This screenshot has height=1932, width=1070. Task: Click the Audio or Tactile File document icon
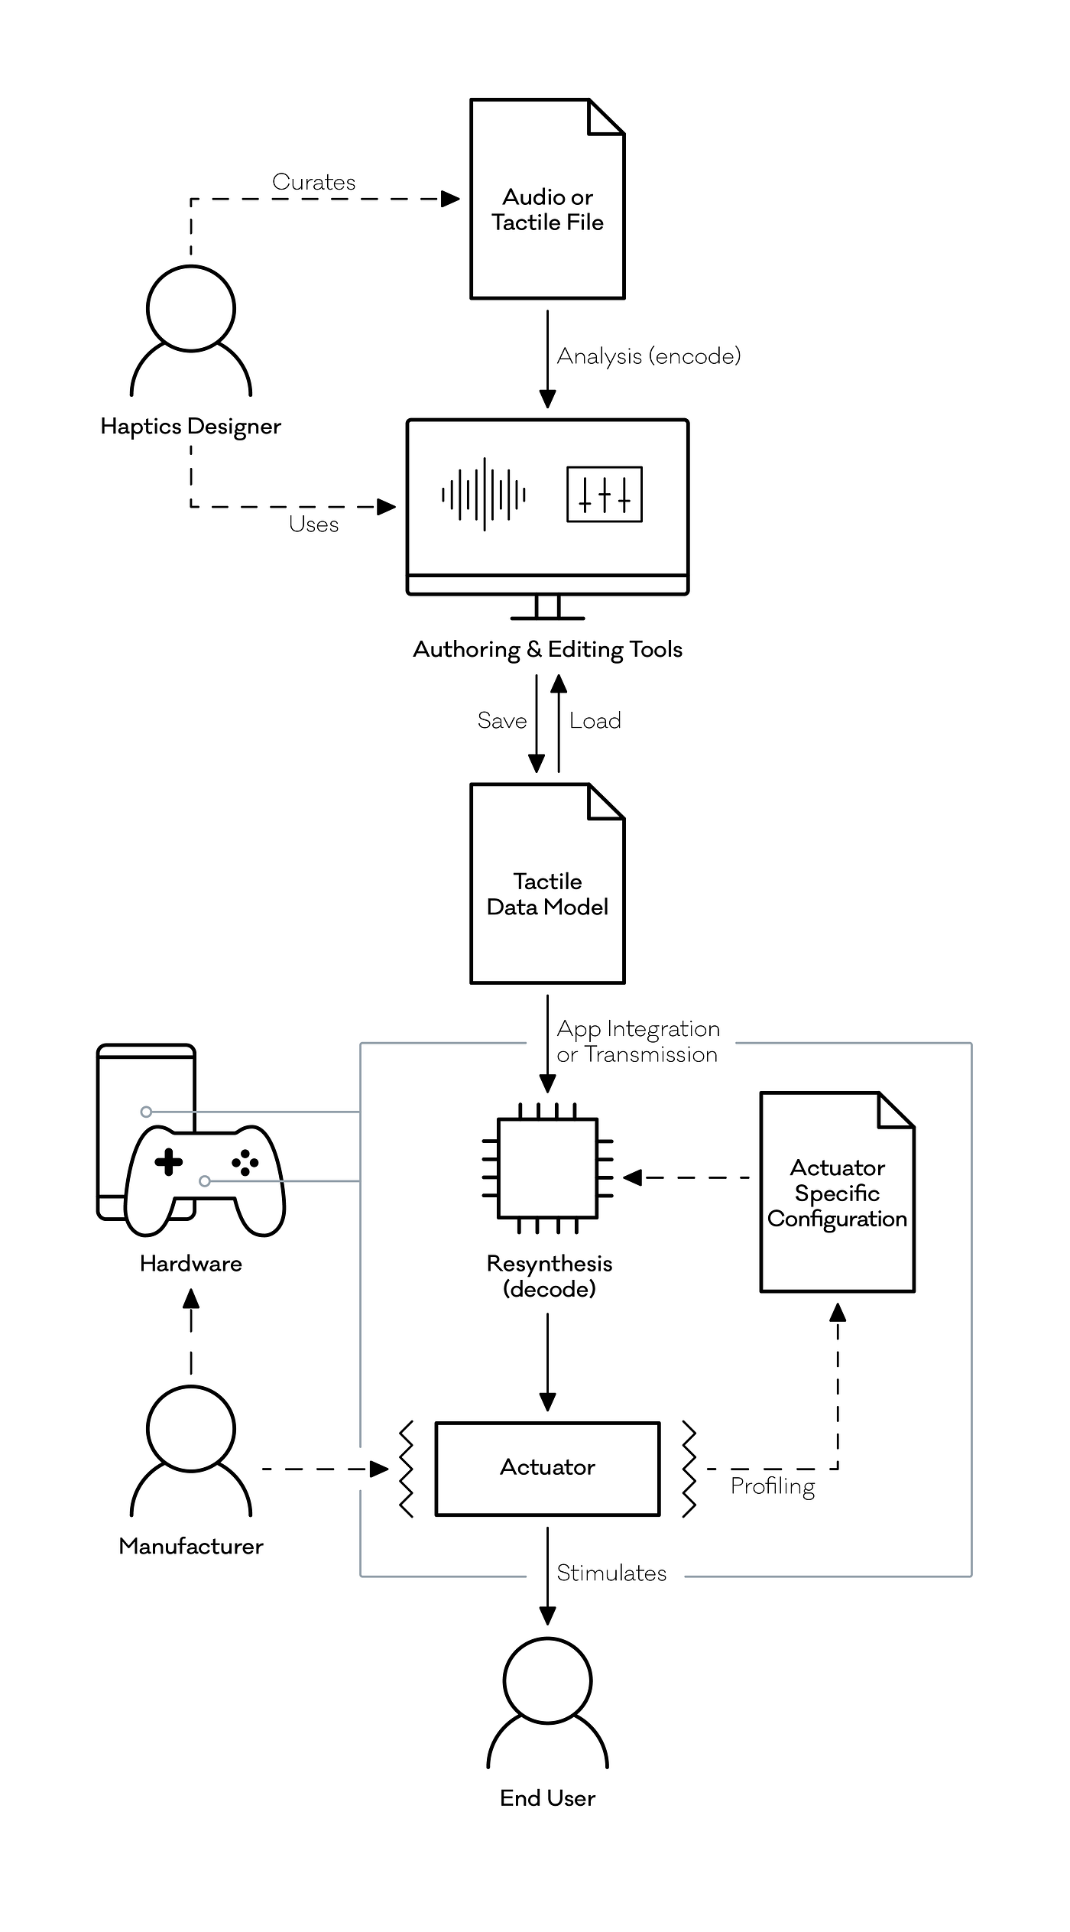tap(547, 199)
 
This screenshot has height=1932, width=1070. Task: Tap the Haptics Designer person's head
tap(191, 309)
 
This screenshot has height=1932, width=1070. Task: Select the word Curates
tap(313, 182)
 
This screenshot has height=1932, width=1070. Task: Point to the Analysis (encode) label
tap(648, 356)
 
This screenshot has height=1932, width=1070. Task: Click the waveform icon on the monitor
tap(484, 495)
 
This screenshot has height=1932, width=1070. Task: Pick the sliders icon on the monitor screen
tap(604, 495)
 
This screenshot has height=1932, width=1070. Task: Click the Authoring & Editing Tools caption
tap(547, 650)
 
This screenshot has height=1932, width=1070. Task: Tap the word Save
tap(502, 721)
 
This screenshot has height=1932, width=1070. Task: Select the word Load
tap(595, 721)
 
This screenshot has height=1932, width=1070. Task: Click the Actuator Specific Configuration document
tap(838, 1193)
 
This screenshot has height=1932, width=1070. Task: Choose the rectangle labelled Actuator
tap(547, 1469)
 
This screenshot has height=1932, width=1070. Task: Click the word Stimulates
tap(611, 1573)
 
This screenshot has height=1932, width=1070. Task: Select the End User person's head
tap(547, 1681)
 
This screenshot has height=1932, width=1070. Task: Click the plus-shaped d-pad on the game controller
tap(168, 1163)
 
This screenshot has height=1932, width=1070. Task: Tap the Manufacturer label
tap(191, 1547)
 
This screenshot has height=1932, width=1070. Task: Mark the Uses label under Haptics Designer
tap(313, 524)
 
